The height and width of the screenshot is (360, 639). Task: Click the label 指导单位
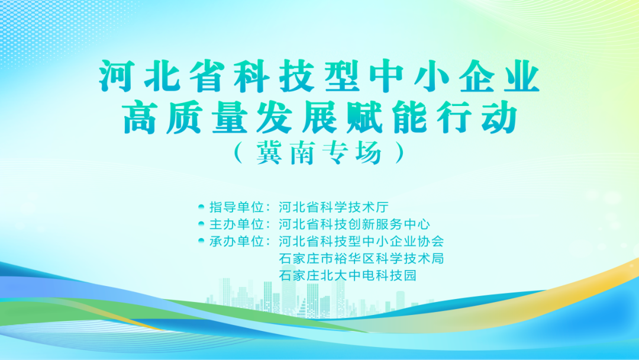click(237, 207)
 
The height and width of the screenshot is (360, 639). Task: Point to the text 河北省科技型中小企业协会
click(361, 242)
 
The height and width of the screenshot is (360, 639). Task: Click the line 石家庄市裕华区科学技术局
click(361, 259)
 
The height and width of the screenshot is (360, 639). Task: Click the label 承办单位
click(237, 242)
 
